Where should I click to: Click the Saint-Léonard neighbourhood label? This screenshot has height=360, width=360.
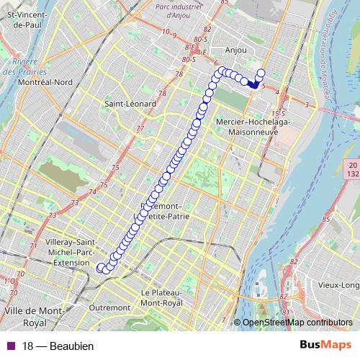click(x=130, y=104)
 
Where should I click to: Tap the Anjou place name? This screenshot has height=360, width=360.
click(x=235, y=50)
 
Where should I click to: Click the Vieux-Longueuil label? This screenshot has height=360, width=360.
click(x=338, y=285)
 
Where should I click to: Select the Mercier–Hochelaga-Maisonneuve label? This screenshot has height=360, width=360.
click(x=249, y=127)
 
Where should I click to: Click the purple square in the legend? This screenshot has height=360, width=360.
click(x=10, y=346)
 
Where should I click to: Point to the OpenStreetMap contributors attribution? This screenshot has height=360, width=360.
click(x=297, y=323)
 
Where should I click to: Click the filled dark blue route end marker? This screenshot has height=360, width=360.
click(x=253, y=84)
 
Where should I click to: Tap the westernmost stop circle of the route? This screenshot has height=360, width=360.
click(x=102, y=268)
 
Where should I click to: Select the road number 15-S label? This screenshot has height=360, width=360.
click(x=278, y=114)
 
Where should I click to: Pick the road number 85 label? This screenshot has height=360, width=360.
click(x=325, y=218)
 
